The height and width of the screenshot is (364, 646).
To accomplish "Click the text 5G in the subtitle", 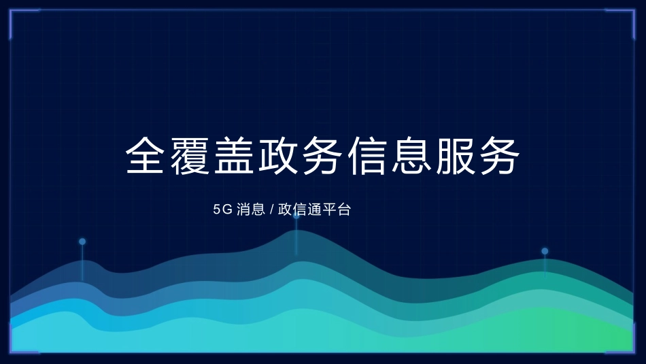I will (222, 210).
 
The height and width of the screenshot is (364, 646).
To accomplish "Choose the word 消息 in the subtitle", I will (251, 210).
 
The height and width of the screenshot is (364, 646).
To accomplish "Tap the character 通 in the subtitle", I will (316, 210).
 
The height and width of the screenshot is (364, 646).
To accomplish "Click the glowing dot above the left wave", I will (82, 242).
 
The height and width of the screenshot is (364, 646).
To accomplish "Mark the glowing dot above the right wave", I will (545, 251).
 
